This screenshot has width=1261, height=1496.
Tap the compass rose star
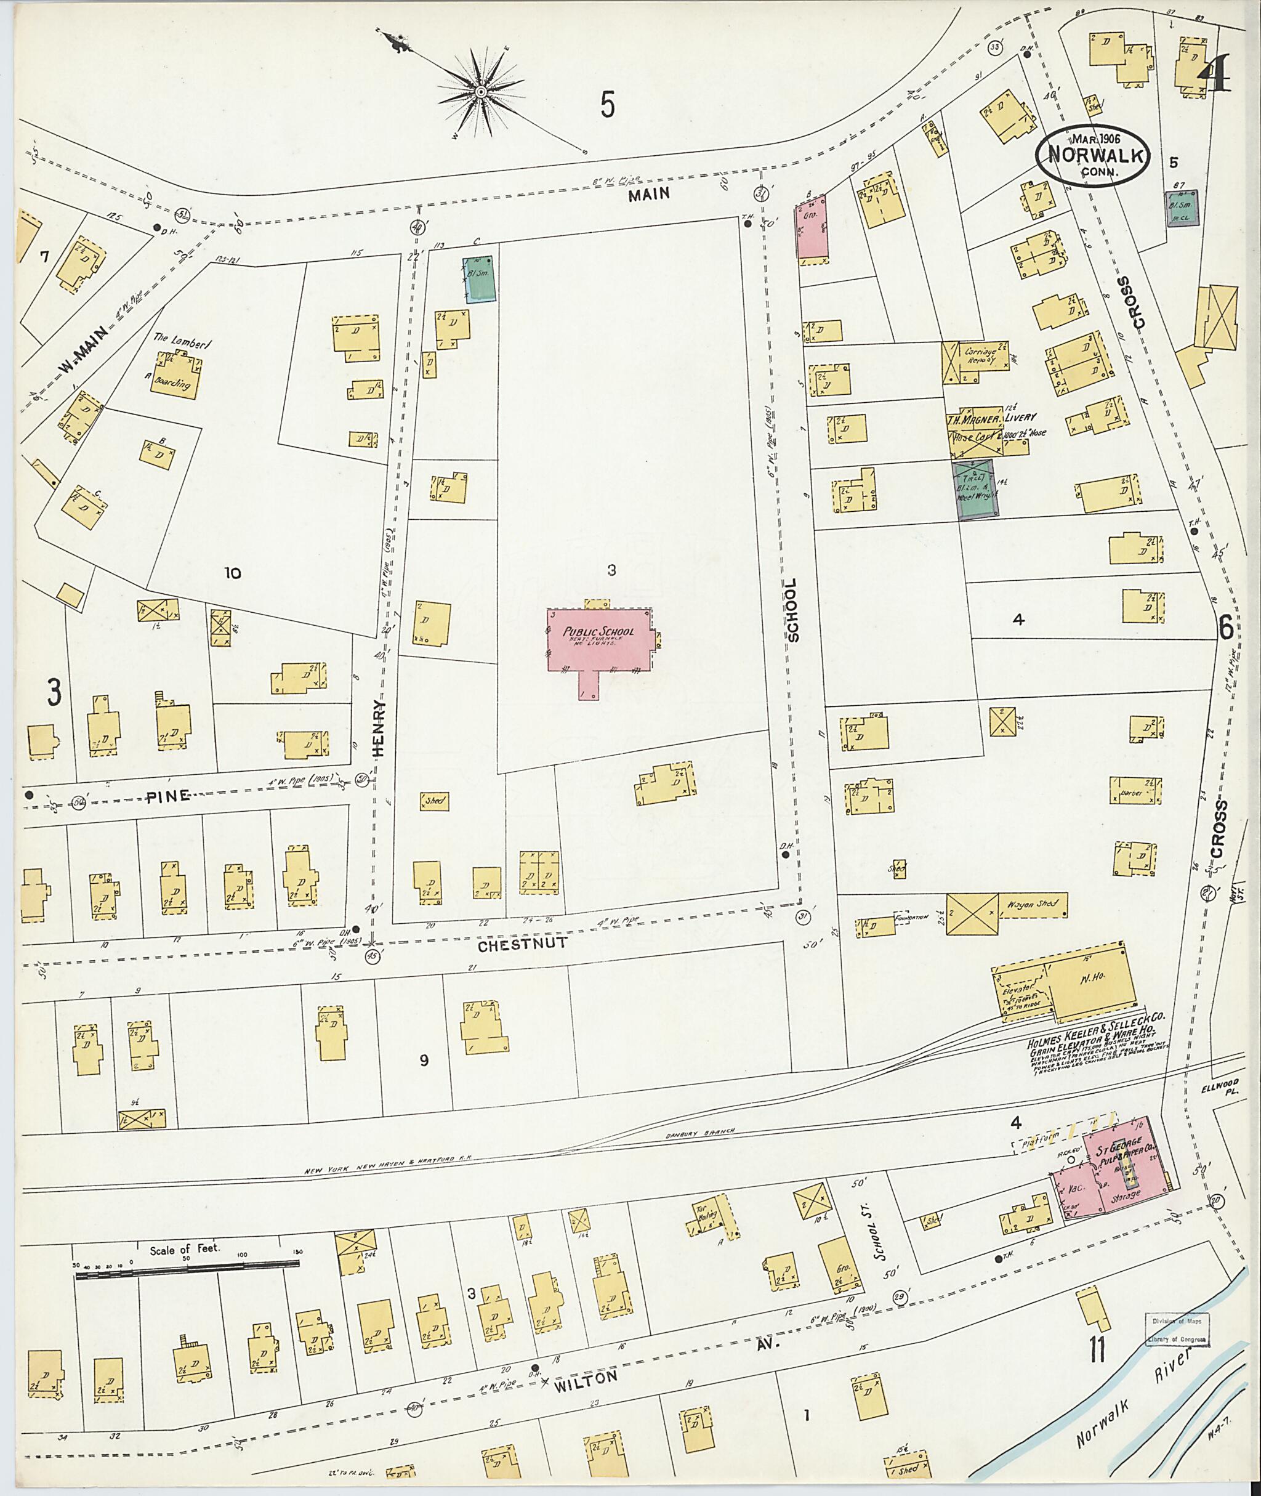480,92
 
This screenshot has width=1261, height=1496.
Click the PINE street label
169,796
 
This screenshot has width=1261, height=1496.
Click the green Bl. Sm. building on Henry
479,280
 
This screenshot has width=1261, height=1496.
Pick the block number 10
232,573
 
